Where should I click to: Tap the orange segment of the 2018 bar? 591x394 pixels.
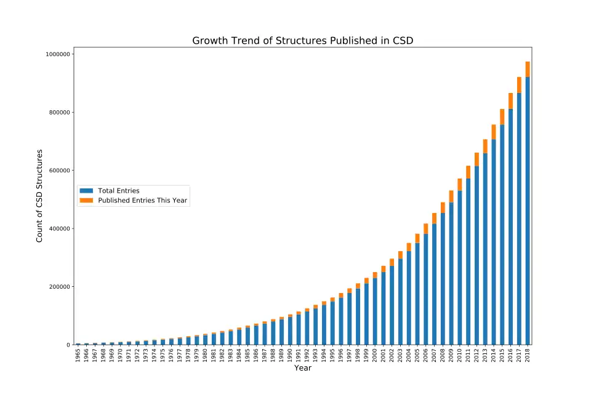528,69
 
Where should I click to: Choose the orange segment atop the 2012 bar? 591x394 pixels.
476,159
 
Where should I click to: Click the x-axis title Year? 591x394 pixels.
302,368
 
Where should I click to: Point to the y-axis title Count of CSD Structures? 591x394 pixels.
39,195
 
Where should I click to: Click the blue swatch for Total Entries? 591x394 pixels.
86,191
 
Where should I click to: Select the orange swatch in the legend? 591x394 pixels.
86,201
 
